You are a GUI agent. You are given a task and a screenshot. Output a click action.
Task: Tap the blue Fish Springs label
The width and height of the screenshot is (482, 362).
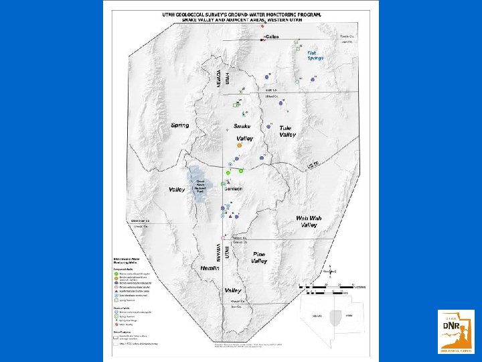[x=315, y=55]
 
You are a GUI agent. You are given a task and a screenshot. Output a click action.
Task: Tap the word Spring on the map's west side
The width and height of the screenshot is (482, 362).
[x=179, y=125]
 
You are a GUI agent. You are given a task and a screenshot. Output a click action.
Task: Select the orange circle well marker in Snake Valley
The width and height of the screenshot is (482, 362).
[x=239, y=145]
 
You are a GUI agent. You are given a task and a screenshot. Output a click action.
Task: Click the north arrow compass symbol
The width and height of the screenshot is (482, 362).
[x=331, y=271]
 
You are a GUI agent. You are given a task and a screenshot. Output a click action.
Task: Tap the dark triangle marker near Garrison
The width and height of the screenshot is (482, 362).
[x=230, y=217]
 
